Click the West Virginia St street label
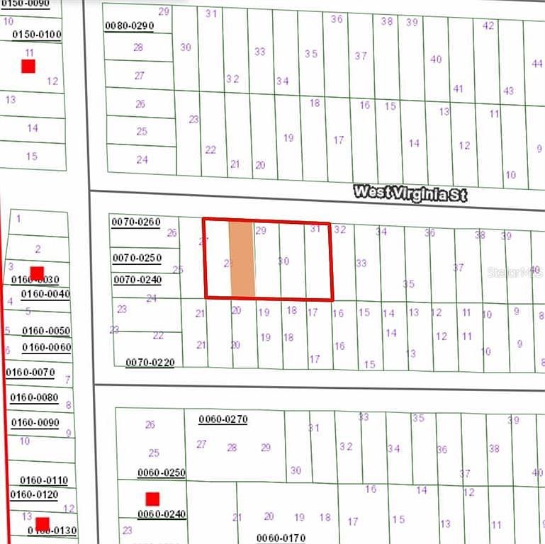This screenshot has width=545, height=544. pos(410,193)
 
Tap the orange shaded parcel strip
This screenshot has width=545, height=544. pos(242,259)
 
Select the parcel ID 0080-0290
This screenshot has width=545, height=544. pos(129,26)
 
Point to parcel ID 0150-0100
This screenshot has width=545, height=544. pos(37,35)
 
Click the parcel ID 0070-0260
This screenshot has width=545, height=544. pos(136,222)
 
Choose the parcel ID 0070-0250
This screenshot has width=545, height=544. pos(137,258)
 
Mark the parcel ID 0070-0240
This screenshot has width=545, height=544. pos(137,280)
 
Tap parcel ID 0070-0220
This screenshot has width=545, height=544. pos(150,363)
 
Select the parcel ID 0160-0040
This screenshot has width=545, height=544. pos(45,294)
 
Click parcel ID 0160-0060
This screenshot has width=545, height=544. pos(47,347)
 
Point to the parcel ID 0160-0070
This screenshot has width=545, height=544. pos(30,373)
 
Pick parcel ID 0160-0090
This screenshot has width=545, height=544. pos(34,423)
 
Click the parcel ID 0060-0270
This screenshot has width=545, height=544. pos(223,419)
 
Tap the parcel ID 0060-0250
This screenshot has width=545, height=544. pos(161,473)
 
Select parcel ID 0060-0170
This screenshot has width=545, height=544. pos(281,538)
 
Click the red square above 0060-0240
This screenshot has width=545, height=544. pos(152,499)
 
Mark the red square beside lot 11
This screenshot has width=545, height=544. pos(28,67)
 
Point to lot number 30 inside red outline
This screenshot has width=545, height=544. pos(283,261)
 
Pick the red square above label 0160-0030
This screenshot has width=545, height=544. pos(37,273)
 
